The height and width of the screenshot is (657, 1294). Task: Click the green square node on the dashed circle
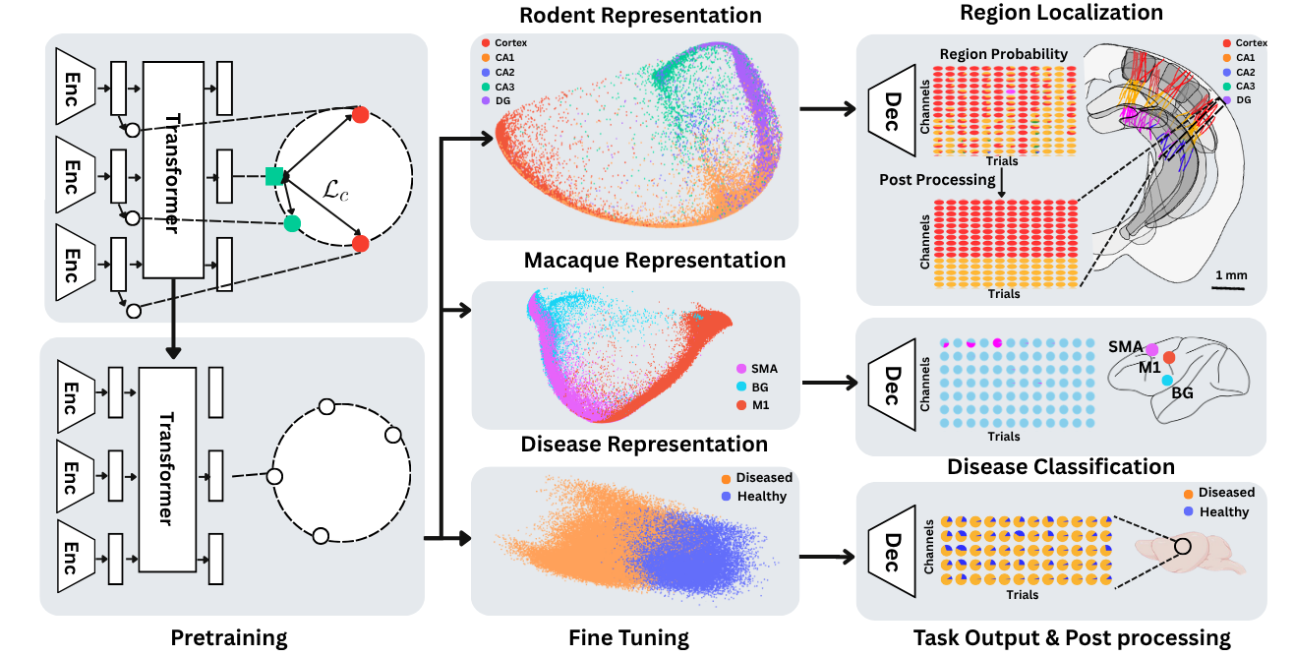(x=274, y=176)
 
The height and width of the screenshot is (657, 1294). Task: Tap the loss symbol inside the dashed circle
(x=335, y=190)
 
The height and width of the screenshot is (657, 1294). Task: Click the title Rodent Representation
(x=640, y=15)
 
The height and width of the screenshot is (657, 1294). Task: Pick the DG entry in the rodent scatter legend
(x=496, y=100)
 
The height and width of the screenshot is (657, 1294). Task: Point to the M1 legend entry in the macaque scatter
(x=753, y=405)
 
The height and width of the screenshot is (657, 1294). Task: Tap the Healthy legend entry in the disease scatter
(x=754, y=497)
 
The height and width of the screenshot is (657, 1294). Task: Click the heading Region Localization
(x=1061, y=13)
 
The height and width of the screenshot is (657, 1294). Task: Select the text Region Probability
(x=1003, y=54)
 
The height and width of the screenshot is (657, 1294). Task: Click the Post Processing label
(x=937, y=180)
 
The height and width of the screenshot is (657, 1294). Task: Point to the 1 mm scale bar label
(x=1231, y=275)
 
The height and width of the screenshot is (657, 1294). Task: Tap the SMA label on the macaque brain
(x=1125, y=347)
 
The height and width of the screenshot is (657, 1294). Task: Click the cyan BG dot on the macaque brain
(x=1167, y=381)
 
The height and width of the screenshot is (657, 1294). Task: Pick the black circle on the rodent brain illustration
(x=1183, y=546)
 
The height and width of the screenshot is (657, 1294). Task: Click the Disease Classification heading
(x=1061, y=467)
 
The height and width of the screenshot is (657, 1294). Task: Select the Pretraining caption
(x=229, y=638)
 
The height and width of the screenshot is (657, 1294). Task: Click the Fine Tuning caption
(x=628, y=638)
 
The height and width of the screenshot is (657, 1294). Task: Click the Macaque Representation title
(x=655, y=260)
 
